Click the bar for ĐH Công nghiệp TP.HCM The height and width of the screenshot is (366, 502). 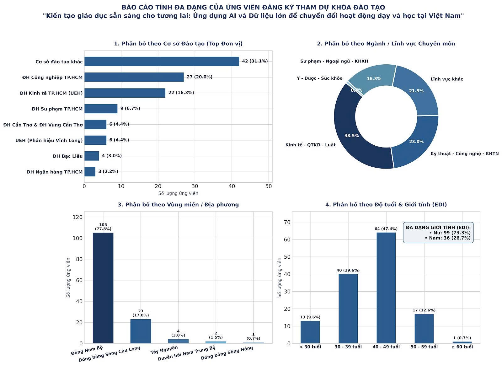coord(134,77)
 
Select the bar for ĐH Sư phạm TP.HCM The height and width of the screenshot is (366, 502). coord(101,109)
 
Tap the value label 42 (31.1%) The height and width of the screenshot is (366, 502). coord(255,61)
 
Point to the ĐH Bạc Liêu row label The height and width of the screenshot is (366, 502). coord(67,156)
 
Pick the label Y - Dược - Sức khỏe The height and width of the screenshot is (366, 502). coord(320,78)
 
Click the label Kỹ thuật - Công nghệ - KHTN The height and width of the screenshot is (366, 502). coord(465,153)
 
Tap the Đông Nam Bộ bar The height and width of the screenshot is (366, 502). coord(103,288)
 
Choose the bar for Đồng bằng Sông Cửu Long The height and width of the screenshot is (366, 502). coord(141,331)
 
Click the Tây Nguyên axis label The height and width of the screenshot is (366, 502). coord(164,350)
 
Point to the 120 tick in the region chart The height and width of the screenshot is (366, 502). coord(77,217)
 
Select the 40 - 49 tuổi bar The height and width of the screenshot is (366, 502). coord(386,288)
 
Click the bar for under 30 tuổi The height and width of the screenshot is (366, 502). coord(310,332)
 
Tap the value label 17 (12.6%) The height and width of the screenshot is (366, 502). coord(424,310)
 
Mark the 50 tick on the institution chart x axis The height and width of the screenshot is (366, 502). coord(269,186)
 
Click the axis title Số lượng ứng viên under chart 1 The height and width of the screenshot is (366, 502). coord(178,193)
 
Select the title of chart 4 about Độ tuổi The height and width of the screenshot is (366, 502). coord(386,205)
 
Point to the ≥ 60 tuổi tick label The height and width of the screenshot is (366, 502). coord(462,347)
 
